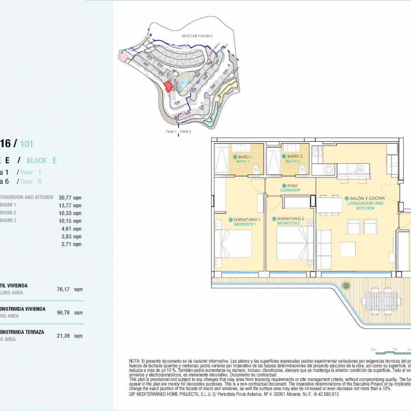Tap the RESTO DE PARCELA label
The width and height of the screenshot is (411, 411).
click(x=197, y=36)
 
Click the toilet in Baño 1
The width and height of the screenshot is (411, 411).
click(x=255, y=169)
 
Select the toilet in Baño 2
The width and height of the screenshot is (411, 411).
click(x=302, y=169)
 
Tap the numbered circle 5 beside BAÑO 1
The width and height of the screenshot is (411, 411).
click(x=234, y=157)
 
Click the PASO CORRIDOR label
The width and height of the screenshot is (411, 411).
click(x=290, y=188)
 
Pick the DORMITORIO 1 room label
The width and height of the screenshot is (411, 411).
click(x=245, y=221)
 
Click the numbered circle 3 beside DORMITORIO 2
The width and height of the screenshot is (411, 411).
click(x=274, y=219)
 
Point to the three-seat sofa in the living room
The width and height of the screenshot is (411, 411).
click(x=324, y=249)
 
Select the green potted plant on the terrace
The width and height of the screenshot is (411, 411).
click(x=346, y=286)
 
